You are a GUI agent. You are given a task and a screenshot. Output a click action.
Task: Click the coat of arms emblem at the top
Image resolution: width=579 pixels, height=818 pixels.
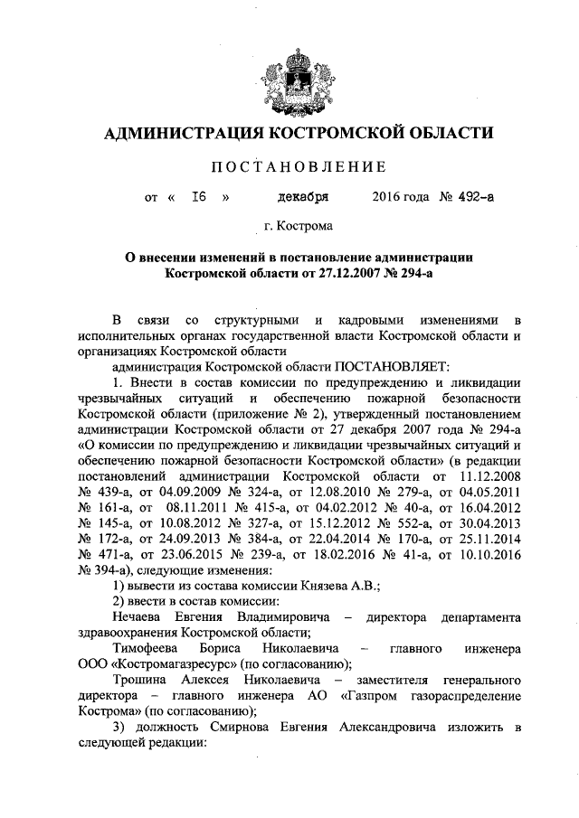[x=291, y=71]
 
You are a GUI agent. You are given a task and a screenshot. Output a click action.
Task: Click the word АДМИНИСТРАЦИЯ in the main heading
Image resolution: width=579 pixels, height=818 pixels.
[x=181, y=134]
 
